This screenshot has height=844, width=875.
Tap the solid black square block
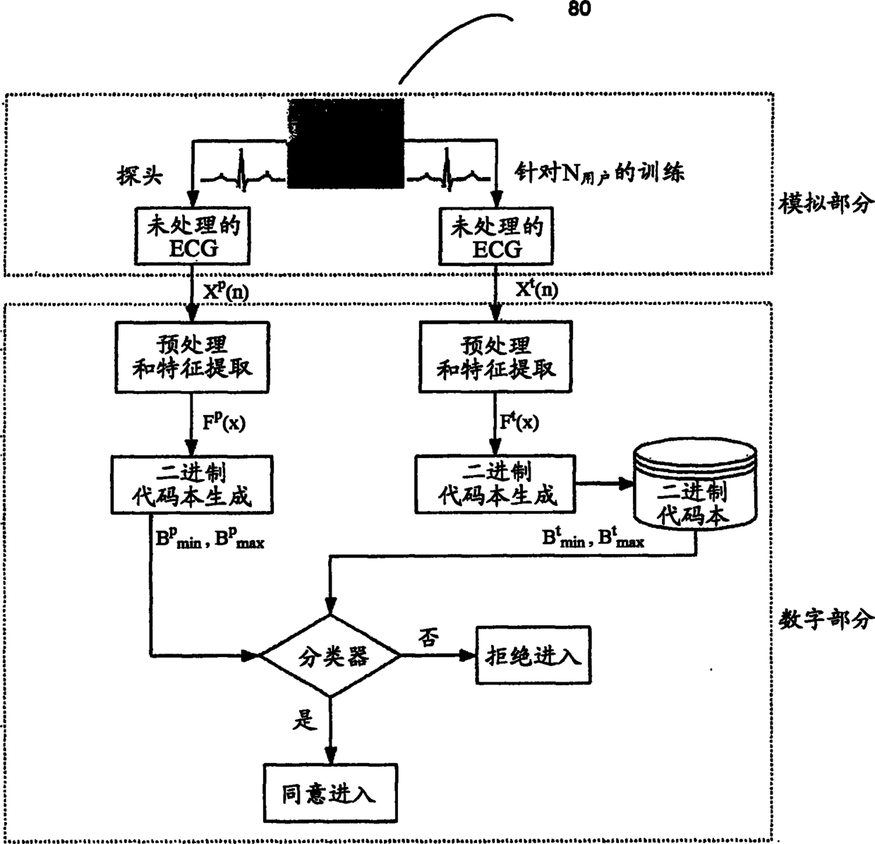coord(346,144)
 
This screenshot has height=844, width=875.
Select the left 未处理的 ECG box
coord(193,236)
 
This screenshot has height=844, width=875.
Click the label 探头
coord(140,176)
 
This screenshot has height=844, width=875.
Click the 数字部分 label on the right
coord(825,620)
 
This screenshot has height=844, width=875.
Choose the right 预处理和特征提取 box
coord(496,356)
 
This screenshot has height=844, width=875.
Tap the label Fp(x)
coord(223,423)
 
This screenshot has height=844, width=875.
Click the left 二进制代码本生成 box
coord(192,484)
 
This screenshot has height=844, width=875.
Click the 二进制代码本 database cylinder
coord(696,487)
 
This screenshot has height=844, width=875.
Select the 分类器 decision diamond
coord(331,656)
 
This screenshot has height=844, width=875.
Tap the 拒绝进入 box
coord(533,656)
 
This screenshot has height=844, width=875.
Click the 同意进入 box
coord(329,793)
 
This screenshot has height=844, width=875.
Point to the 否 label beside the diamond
coord(428,638)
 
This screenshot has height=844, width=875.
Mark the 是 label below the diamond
coord(306,721)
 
